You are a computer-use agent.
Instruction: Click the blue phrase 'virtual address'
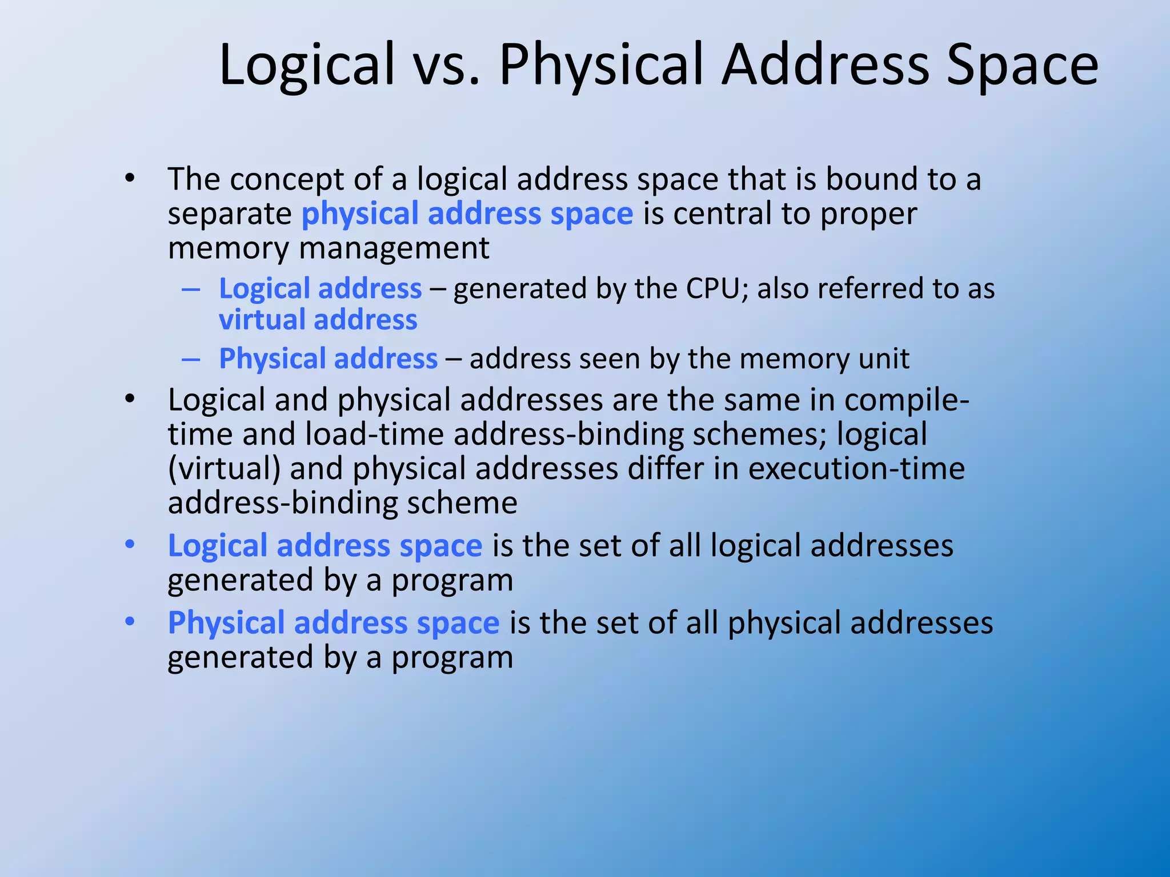pos(318,320)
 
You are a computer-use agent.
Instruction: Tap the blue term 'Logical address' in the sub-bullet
pos(320,288)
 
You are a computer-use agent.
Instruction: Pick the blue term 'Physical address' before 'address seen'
pos(328,359)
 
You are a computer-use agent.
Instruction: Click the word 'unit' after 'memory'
pos(885,359)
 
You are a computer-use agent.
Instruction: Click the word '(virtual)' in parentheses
pos(224,469)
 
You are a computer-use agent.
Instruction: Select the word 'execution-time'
pos(856,469)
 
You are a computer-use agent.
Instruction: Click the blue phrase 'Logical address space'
pos(325,546)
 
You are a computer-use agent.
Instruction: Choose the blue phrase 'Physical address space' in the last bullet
pos(334,623)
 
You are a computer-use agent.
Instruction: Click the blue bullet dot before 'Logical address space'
pos(130,545)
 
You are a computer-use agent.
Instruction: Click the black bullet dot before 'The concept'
pos(130,178)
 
